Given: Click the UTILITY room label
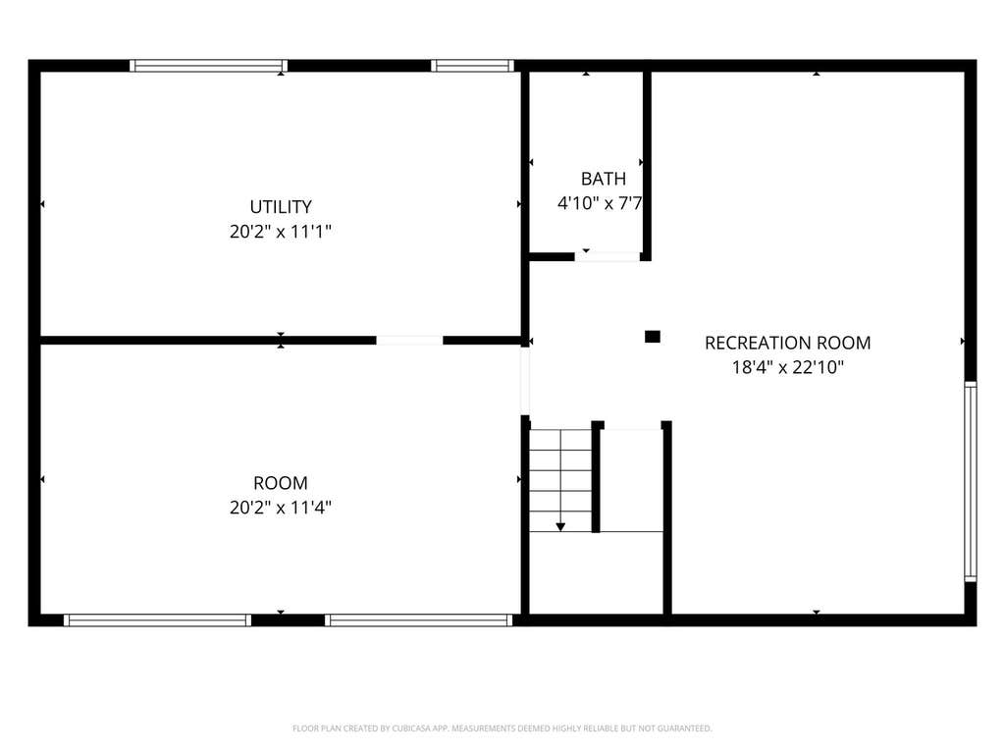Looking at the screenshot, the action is pos(281,206).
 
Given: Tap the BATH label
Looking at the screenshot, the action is pos(604,179).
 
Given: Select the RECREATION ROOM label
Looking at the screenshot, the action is pos(788,343).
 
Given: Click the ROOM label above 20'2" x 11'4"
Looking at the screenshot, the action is pos(281,483).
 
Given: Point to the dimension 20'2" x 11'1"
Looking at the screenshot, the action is pos(281,231).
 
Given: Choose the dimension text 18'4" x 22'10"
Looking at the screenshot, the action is pos(788,367).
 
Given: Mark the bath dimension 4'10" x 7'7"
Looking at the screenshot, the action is pos(600,203).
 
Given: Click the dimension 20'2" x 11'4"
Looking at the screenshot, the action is pos(281,508).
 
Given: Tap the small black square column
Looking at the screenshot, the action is pos(653,337).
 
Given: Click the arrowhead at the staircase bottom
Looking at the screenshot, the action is pos(560,527).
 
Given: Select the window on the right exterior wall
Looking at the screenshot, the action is pos(971,481).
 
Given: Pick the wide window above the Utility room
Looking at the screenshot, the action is pos(209,66).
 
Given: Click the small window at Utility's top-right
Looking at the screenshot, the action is pos(472,66).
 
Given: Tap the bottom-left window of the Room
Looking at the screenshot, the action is pos(157,620).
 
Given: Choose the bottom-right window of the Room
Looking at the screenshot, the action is pos(418,620).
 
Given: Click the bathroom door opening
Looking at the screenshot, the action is pos(607,257).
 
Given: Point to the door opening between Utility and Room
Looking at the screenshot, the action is pos(409,341).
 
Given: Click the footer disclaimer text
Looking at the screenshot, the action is pos(502,728).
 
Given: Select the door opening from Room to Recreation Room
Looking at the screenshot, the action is pos(525,381).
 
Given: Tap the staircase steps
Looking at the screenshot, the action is pos(560,480).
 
